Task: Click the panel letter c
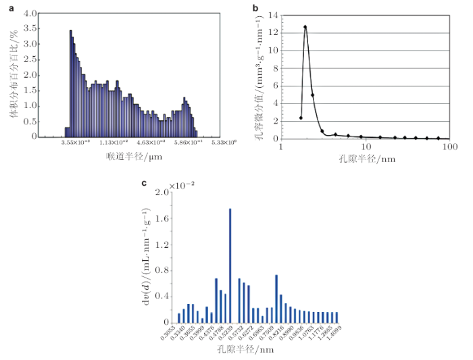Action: [144, 182]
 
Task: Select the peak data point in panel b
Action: [305, 27]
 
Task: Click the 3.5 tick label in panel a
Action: [30, 30]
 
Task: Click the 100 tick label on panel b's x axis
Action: [449, 147]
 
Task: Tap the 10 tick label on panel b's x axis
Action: [366, 147]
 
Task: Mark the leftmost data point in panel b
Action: [301, 118]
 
